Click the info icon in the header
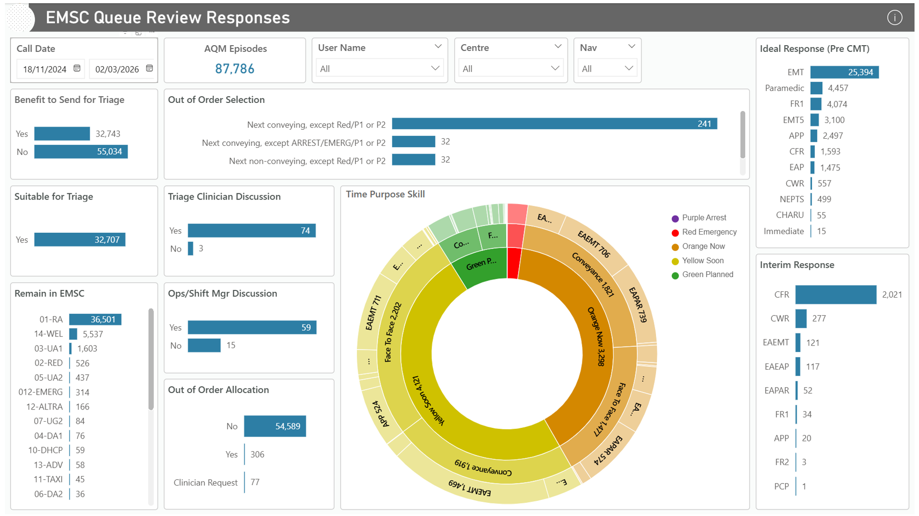894,17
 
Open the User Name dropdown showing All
379,68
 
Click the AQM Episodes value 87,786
234,68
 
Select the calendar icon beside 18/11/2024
77,68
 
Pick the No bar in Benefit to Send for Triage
80,152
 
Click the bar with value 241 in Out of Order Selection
554,124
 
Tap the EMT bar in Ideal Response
844,72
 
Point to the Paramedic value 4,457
838,88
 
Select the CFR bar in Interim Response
835,294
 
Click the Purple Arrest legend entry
703,218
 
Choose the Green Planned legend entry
707,274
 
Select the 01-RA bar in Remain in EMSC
95,320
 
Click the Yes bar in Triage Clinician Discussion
251,230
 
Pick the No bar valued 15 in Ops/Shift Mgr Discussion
204,345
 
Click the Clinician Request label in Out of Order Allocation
205,482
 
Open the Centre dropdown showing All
510,68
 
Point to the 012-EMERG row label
40,392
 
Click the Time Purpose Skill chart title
385,194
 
